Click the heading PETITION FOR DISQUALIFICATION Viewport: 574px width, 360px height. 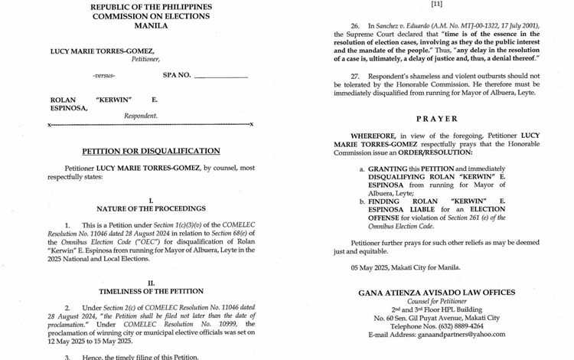(151, 152)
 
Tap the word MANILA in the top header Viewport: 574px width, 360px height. (151, 25)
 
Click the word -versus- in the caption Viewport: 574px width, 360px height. (104, 76)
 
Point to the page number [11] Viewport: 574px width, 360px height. (437, 4)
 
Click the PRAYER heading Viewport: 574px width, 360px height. (437, 119)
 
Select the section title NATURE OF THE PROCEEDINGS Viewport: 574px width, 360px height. (151, 208)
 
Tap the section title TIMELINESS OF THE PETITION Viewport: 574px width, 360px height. (151, 292)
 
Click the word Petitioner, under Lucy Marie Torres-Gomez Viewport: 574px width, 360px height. (145, 59)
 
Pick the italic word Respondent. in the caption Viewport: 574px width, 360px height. (141, 116)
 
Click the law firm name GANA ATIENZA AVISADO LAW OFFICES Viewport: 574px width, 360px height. (437, 293)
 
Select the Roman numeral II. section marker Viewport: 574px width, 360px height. (151, 283)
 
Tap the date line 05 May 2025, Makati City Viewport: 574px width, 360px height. (406, 267)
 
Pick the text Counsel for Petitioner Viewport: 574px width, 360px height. (437, 301)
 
